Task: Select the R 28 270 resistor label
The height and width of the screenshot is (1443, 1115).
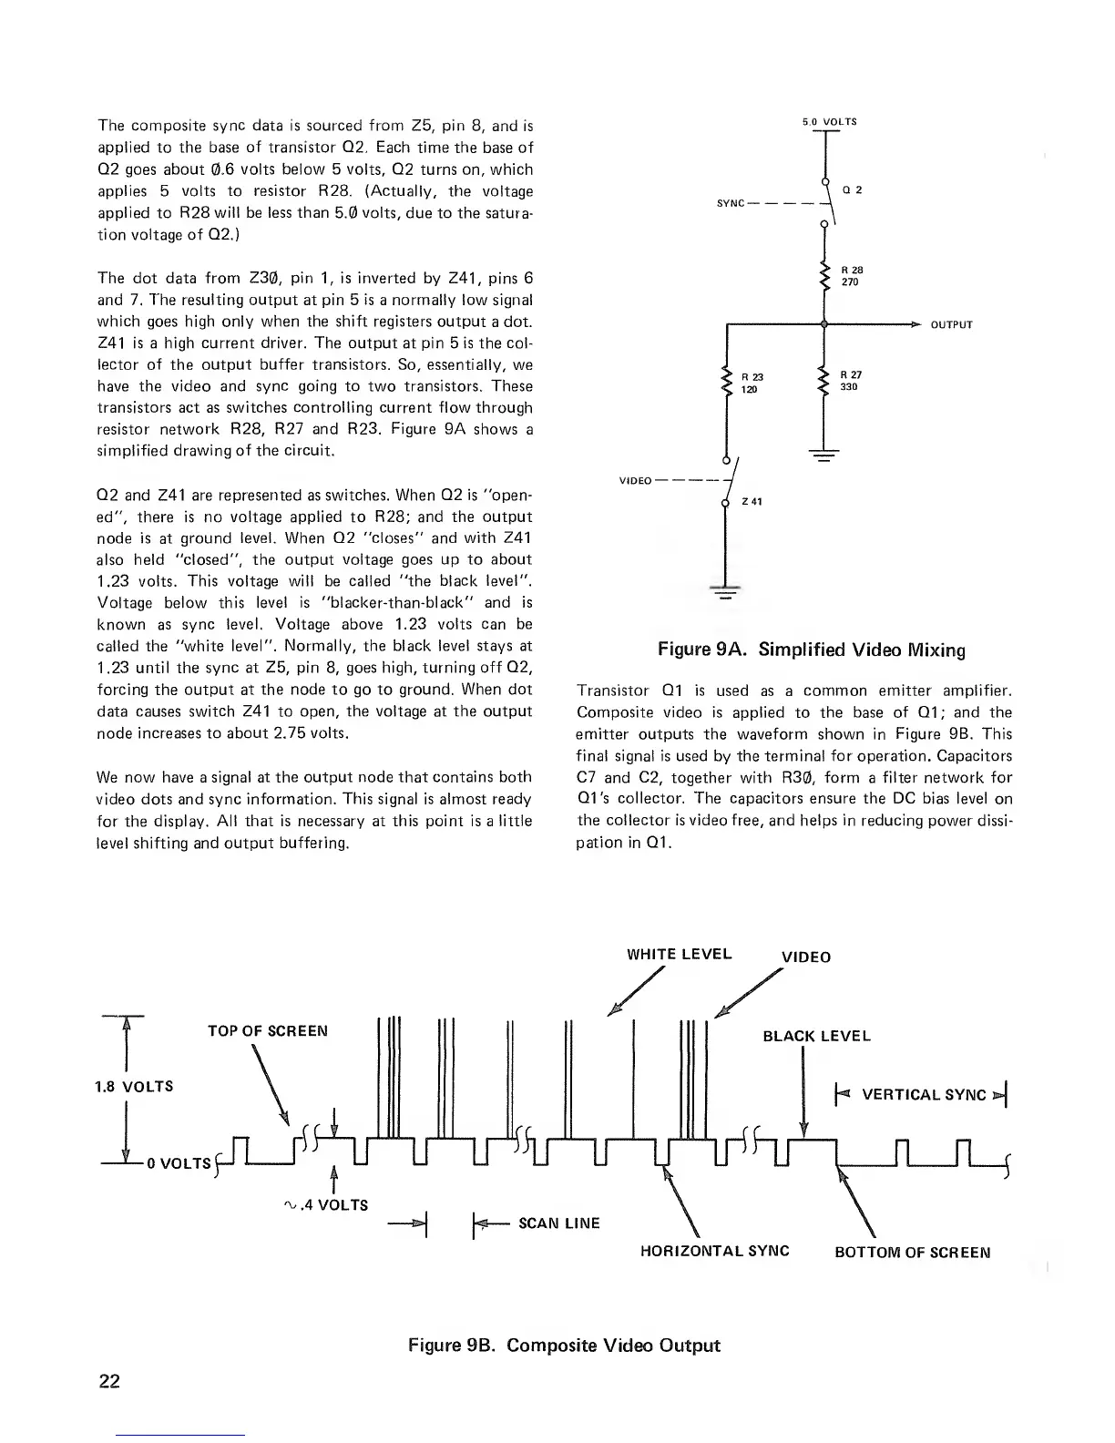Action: click(x=851, y=276)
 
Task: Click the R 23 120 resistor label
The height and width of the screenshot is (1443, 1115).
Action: click(x=752, y=383)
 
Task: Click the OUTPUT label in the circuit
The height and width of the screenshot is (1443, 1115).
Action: click(x=952, y=324)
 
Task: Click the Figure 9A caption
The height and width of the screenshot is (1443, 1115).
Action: click(x=811, y=650)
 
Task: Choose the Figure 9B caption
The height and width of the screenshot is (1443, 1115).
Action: click(x=564, y=1345)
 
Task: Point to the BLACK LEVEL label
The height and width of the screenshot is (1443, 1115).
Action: click(x=816, y=1036)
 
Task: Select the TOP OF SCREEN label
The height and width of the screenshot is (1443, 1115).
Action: click(x=267, y=1031)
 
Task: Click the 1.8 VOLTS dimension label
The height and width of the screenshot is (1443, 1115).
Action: click(x=135, y=1087)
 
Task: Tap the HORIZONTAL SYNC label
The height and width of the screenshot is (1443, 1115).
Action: click(x=714, y=1251)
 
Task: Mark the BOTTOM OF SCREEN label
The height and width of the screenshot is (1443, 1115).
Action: click(x=912, y=1251)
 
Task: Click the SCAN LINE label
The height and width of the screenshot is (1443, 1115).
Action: click(x=558, y=1223)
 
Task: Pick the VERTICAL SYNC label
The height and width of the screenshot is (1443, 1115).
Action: click(x=924, y=1094)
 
